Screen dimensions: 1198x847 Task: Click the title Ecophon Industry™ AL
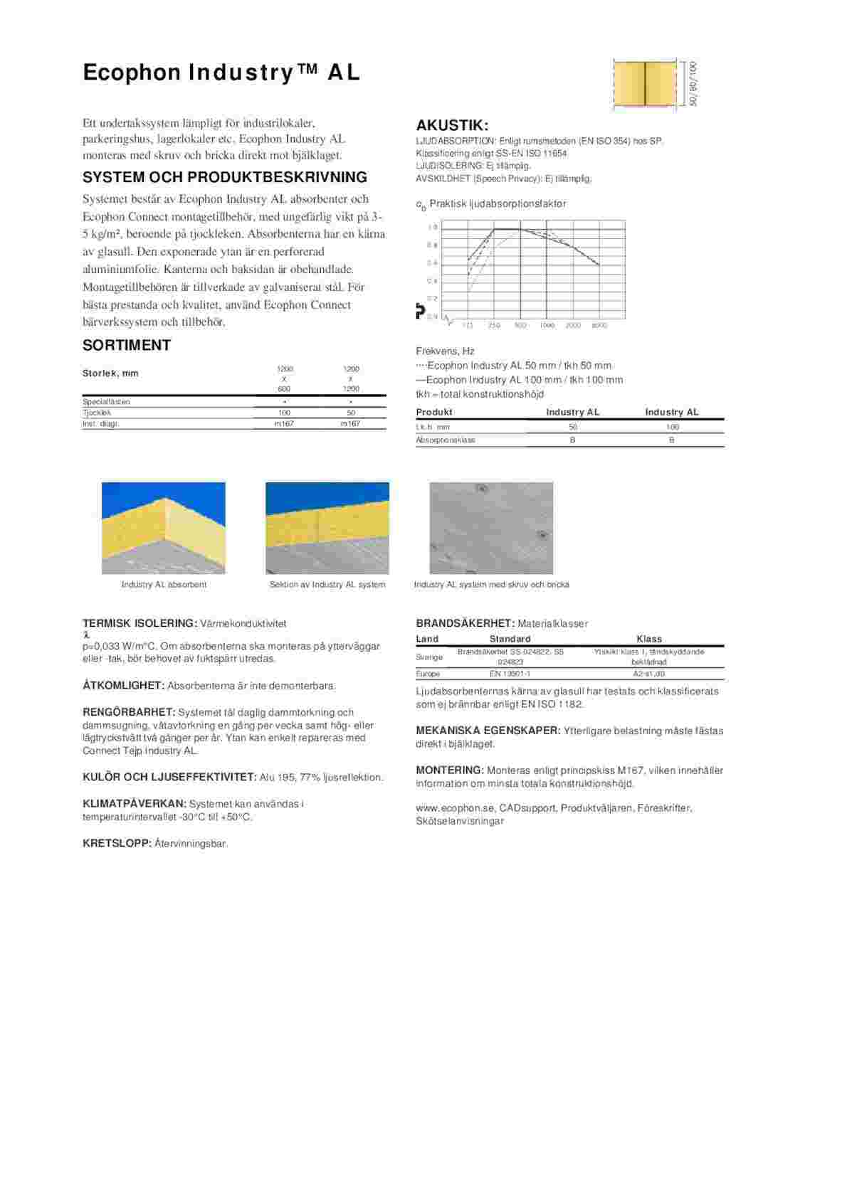tap(221, 73)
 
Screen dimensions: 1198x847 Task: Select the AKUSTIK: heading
tap(452, 126)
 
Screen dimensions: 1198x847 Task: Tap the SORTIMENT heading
tap(127, 346)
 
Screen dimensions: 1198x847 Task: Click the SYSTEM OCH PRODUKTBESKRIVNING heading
tap(225, 178)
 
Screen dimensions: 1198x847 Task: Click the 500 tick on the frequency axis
tap(520, 326)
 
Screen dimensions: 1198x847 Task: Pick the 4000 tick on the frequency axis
tap(599, 326)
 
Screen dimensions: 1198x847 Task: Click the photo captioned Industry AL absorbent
tap(164, 528)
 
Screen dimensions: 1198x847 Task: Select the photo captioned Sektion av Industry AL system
tap(327, 528)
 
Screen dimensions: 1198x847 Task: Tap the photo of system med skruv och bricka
tap(491, 528)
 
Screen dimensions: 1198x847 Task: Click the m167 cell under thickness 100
tap(284, 424)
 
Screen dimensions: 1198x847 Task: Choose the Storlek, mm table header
tap(110, 373)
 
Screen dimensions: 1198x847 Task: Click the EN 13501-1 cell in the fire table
tap(510, 674)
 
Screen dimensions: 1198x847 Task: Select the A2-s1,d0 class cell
tap(648, 674)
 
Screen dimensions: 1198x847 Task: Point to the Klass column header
tap(648, 639)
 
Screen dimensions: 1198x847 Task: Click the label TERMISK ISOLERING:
tap(140, 624)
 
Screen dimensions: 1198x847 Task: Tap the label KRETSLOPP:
tap(117, 844)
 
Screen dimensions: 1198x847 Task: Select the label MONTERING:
tap(450, 770)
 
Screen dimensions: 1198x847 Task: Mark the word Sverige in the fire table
tap(429, 657)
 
